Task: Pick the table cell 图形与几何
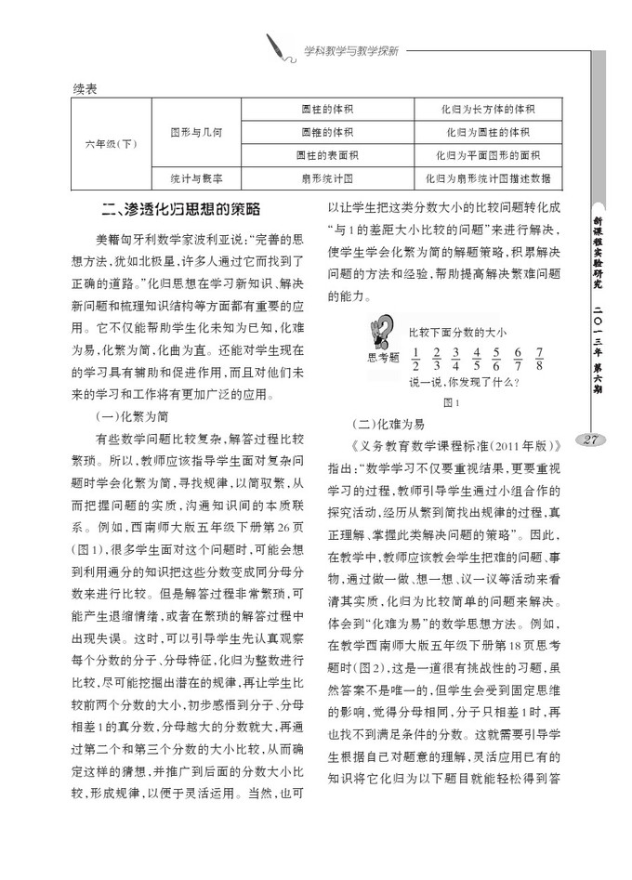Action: pos(195,133)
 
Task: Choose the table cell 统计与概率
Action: pos(195,175)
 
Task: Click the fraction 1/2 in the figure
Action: pos(415,357)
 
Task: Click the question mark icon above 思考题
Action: pos(380,332)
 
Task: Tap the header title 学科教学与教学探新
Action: pos(351,51)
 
